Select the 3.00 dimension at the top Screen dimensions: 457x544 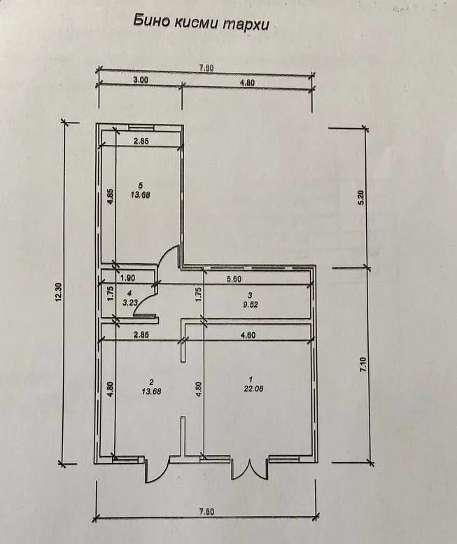141,79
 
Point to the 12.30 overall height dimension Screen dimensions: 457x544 58,292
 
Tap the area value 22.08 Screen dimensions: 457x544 253,389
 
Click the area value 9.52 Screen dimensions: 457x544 251,305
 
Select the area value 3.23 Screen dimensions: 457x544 129,302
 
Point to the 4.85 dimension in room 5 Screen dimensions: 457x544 110,197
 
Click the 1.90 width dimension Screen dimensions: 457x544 127,278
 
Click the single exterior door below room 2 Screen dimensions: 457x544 156,470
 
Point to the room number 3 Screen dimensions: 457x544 250,295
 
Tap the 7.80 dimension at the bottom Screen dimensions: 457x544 206,512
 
